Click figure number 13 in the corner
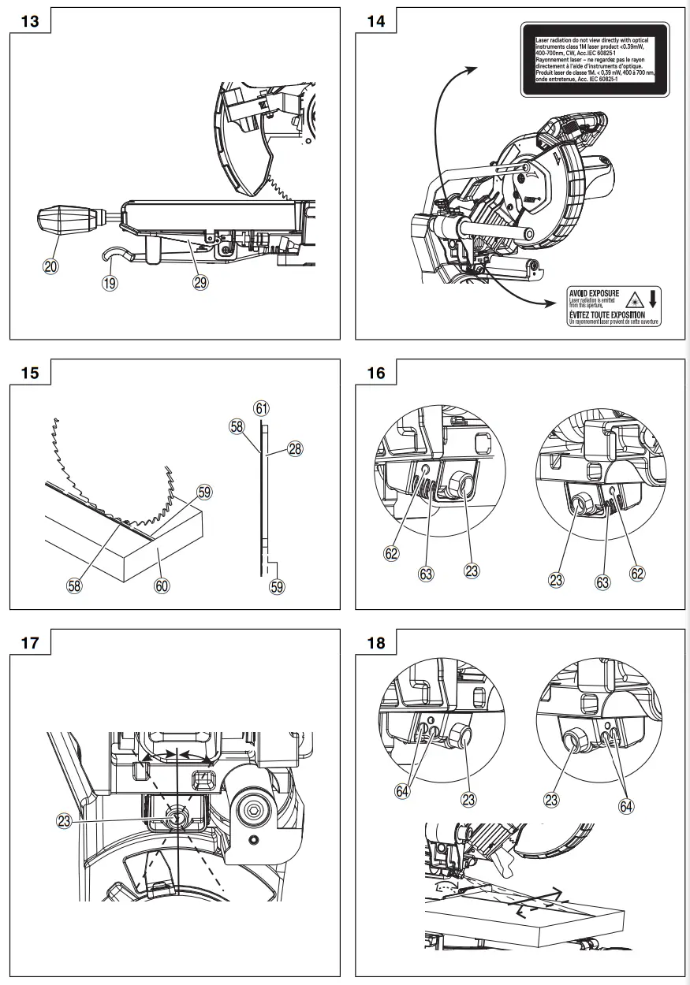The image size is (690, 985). pos(29,20)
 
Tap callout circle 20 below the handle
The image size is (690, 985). pos(50,266)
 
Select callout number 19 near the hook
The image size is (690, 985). pos(110,281)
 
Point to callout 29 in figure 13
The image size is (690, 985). pos(201,281)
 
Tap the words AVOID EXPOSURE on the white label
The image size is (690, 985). pos(595,293)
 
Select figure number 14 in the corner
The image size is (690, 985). pos(376,20)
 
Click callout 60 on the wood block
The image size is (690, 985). pos(162,585)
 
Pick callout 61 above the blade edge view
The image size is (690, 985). pos(262,408)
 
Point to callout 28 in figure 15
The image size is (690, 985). pos(295,448)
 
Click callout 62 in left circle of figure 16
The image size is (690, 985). pos(392,553)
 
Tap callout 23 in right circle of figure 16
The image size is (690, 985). pos(558,581)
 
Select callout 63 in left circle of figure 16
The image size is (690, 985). pos(426,574)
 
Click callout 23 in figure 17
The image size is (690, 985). pos(65,820)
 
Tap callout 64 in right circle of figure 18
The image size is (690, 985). pos(625,805)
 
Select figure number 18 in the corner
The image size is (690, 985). pos(376,642)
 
